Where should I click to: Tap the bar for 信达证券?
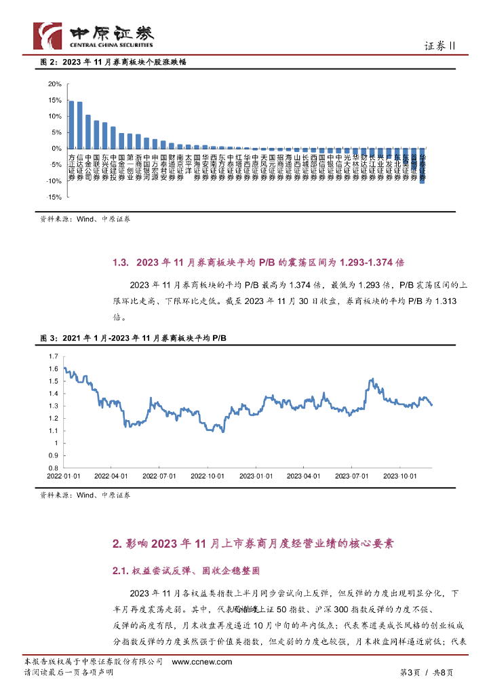click(x=80, y=125)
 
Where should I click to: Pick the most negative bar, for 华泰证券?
click(x=422, y=166)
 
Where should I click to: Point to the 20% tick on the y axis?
click(x=55, y=84)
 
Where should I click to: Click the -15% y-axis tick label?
click(x=54, y=197)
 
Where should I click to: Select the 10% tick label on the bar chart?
click(x=55, y=116)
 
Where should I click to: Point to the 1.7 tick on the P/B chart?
click(x=54, y=356)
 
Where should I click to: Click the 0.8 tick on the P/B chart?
click(x=54, y=468)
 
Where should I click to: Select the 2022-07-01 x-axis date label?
click(x=160, y=476)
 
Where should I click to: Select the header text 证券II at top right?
click(x=444, y=45)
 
